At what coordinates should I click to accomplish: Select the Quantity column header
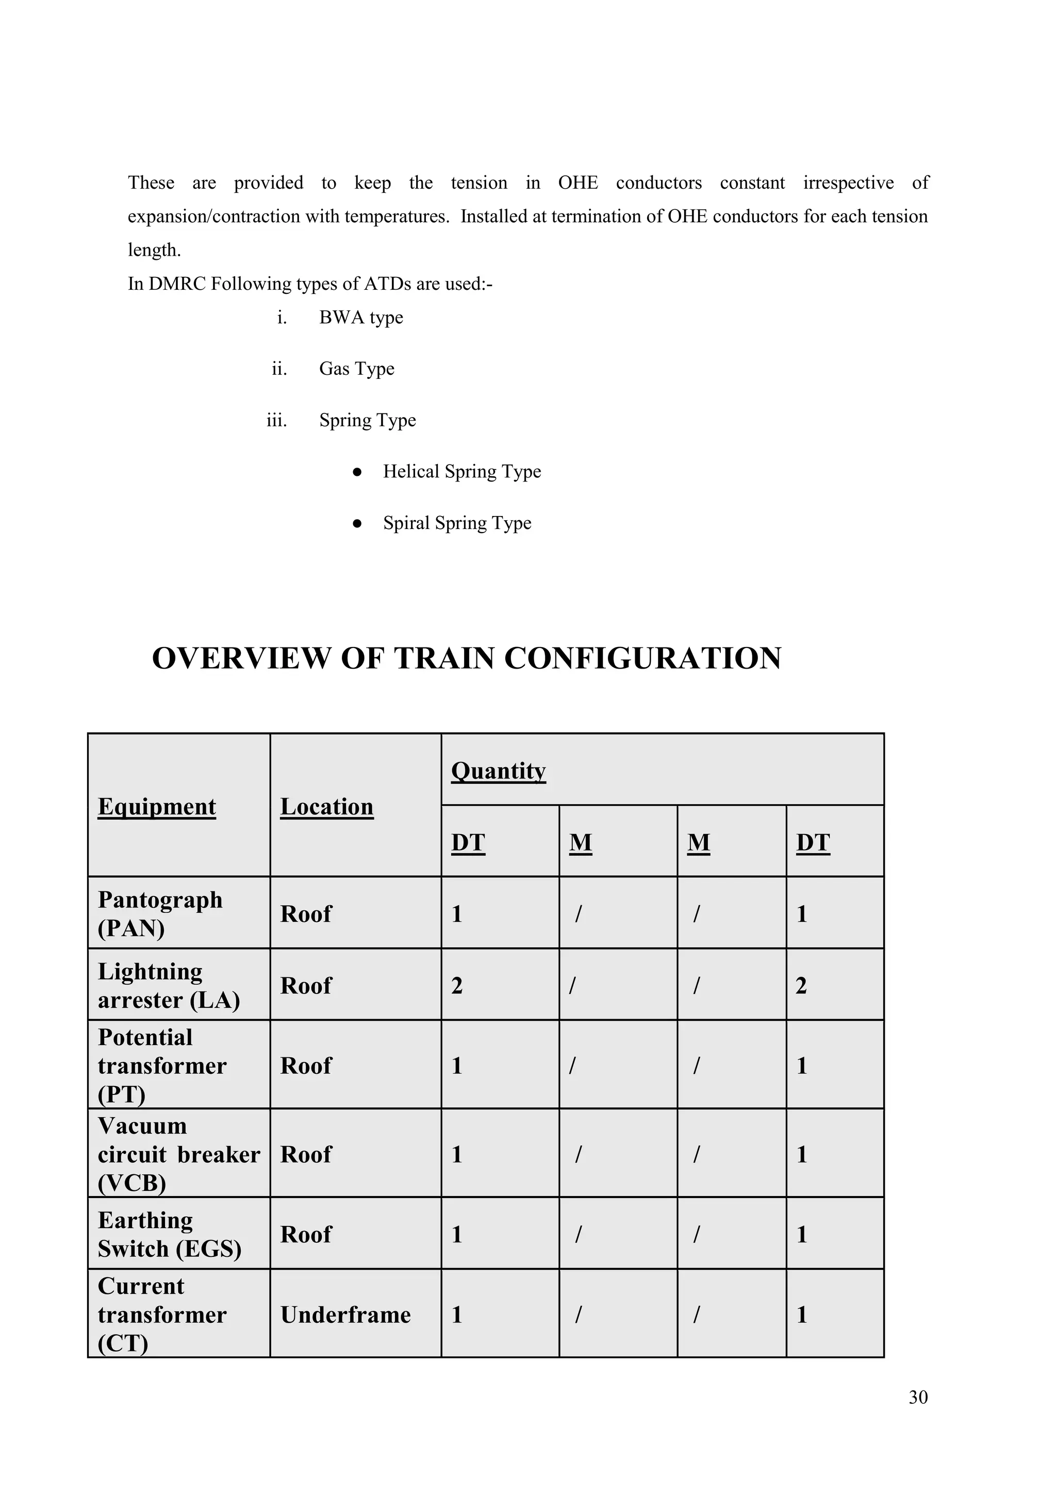pyautogui.click(x=498, y=771)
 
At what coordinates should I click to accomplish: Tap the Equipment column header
pyautogui.click(x=157, y=806)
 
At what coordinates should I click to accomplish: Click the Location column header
pyautogui.click(x=326, y=806)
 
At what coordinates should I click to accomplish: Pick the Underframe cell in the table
pyautogui.click(x=345, y=1315)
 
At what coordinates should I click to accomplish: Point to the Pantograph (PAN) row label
pyautogui.click(x=160, y=914)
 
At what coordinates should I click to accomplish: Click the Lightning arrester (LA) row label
pyautogui.click(x=169, y=985)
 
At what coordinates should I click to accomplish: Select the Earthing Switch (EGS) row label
pyautogui.click(x=169, y=1234)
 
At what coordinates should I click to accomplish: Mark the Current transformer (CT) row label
pyautogui.click(x=162, y=1315)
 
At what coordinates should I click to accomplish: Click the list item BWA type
pyautogui.click(x=361, y=318)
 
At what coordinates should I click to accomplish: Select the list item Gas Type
pyautogui.click(x=356, y=369)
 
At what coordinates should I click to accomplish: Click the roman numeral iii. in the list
pyautogui.click(x=276, y=421)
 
